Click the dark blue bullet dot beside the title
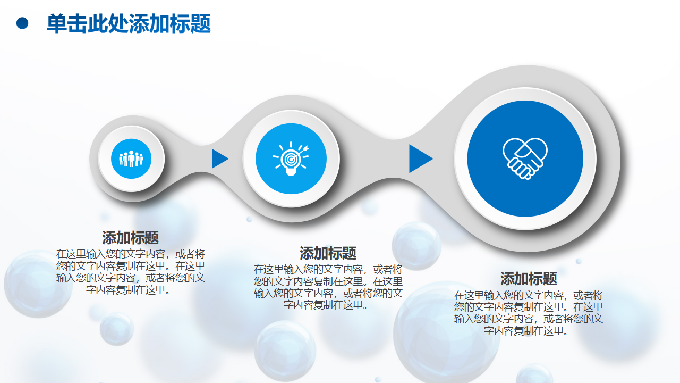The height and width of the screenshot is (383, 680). [x=22, y=23]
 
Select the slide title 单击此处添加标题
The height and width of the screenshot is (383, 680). [x=129, y=23]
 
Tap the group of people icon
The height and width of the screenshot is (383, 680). [x=131, y=159]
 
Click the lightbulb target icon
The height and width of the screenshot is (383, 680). [x=291, y=159]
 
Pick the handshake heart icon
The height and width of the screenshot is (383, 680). [x=525, y=159]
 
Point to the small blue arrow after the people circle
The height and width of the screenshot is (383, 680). [x=220, y=159]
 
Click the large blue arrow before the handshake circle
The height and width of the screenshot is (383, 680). [x=421, y=159]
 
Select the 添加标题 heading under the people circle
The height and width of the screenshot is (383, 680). [x=130, y=238]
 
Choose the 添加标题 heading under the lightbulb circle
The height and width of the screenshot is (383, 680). [x=328, y=253]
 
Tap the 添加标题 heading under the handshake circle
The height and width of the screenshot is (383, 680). [x=529, y=279]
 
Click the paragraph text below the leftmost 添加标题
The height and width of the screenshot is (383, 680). [x=131, y=272]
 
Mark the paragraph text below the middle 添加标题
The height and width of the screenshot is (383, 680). [x=328, y=287]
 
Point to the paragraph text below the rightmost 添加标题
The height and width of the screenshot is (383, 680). [x=529, y=313]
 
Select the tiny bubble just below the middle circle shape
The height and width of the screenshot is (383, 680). [x=249, y=219]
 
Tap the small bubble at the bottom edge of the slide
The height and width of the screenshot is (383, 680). [x=378, y=379]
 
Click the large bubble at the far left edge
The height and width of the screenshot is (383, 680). [x=37, y=284]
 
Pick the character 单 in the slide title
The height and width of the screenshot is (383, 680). [x=57, y=23]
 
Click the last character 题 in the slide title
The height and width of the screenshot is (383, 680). [x=201, y=23]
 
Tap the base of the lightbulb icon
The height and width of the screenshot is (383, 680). [x=291, y=173]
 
